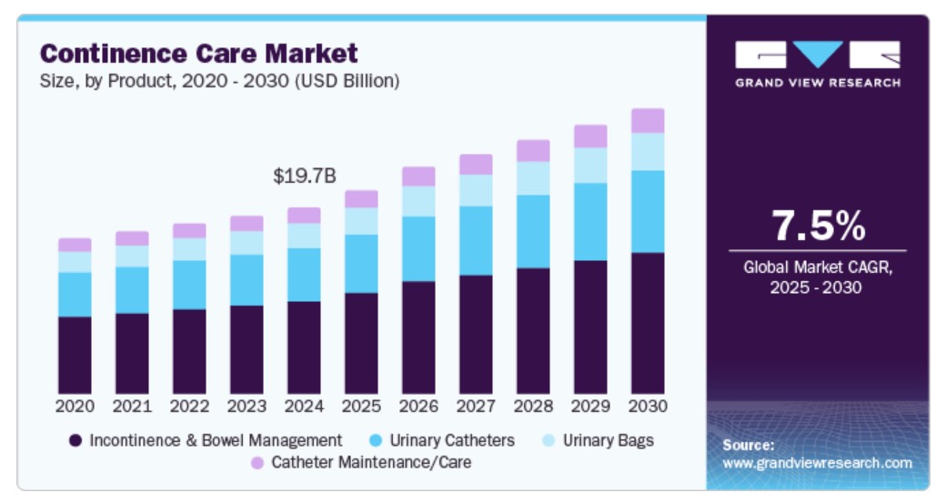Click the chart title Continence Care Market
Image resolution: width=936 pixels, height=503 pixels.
pyautogui.click(x=199, y=53)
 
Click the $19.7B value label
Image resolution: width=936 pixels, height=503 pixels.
pyautogui.click(x=305, y=176)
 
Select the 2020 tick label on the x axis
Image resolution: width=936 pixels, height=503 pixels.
pyautogui.click(x=75, y=406)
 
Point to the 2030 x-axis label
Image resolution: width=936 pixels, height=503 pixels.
pyautogui.click(x=648, y=406)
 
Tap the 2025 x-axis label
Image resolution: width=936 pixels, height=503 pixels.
pyautogui.click(x=361, y=406)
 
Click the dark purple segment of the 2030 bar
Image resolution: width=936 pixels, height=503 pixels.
pyautogui.click(x=648, y=323)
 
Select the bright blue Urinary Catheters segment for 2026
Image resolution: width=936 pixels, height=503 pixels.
pyautogui.click(x=418, y=248)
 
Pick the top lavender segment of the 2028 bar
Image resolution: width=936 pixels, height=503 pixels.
pyautogui.click(x=533, y=150)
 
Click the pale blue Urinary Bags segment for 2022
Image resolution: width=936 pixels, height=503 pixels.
pyautogui.click(x=189, y=249)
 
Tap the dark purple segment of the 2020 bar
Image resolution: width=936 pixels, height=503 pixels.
pyautogui.click(x=75, y=355)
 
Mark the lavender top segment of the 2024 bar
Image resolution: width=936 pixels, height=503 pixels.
pyautogui.click(x=304, y=216)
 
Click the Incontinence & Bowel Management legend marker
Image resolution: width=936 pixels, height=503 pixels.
pyautogui.click(x=75, y=441)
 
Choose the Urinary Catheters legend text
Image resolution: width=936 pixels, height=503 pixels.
pyautogui.click(x=452, y=441)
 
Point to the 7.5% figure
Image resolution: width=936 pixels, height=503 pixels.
pyautogui.click(x=818, y=226)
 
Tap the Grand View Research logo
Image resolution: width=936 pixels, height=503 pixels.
pyautogui.click(x=818, y=63)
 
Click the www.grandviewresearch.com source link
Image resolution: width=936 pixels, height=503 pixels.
pyautogui.click(x=817, y=463)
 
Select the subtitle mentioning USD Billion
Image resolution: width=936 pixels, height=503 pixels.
pyautogui.click(x=219, y=81)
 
